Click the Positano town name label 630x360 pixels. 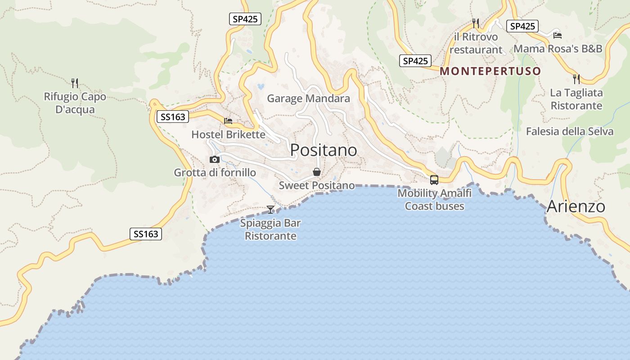click(x=324, y=150)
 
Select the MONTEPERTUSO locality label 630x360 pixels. click(x=490, y=71)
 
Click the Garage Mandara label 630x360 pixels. click(x=308, y=99)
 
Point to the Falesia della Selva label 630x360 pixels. click(x=569, y=131)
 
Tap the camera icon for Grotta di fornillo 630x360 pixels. click(x=215, y=159)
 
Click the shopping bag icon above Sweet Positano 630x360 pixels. click(x=317, y=172)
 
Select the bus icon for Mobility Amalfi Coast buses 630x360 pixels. click(x=434, y=180)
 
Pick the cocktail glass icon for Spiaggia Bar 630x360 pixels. click(x=270, y=210)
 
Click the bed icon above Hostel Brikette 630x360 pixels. click(x=228, y=121)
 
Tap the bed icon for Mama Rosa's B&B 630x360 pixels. click(x=558, y=35)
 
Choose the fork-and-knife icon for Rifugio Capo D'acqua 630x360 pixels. click(x=75, y=83)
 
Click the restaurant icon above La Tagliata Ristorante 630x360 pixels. click(x=576, y=79)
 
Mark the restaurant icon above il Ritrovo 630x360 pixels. click(x=475, y=23)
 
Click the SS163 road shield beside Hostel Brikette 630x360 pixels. click(x=173, y=117)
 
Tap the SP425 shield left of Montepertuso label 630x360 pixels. click(x=415, y=61)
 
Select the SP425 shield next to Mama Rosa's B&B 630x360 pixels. click(x=522, y=26)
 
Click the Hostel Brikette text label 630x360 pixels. click(x=228, y=135)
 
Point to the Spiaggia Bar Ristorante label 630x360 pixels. click(x=270, y=229)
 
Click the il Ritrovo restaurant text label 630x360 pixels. click(x=476, y=43)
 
